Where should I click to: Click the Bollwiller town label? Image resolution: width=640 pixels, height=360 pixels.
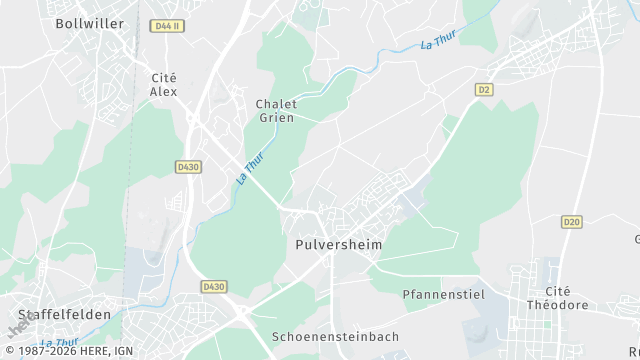click(89, 23)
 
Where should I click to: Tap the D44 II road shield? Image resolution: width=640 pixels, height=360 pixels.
click(167, 26)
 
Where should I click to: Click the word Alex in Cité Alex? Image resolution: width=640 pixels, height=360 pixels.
click(163, 91)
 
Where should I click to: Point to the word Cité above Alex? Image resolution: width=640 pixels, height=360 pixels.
click(163, 77)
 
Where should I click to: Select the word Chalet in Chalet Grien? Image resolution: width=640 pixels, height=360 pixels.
click(276, 104)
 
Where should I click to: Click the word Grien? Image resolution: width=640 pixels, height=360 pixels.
click(276, 118)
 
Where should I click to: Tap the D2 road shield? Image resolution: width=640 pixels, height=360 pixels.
click(485, 89)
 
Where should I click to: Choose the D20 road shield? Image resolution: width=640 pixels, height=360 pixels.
click(571, 222)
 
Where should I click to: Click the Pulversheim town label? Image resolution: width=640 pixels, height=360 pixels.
click(339, 244)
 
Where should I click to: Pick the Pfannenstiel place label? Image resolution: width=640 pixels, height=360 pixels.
click(443, 295)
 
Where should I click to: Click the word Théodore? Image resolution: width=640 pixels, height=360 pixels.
click(558, 305)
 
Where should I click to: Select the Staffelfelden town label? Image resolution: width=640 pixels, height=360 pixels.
click(64, 314)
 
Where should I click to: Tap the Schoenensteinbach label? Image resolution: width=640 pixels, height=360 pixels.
click(335, 336)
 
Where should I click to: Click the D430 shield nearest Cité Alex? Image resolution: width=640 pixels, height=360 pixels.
click(188, 166)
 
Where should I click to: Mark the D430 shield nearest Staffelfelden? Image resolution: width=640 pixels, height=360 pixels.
click(213, 286)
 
